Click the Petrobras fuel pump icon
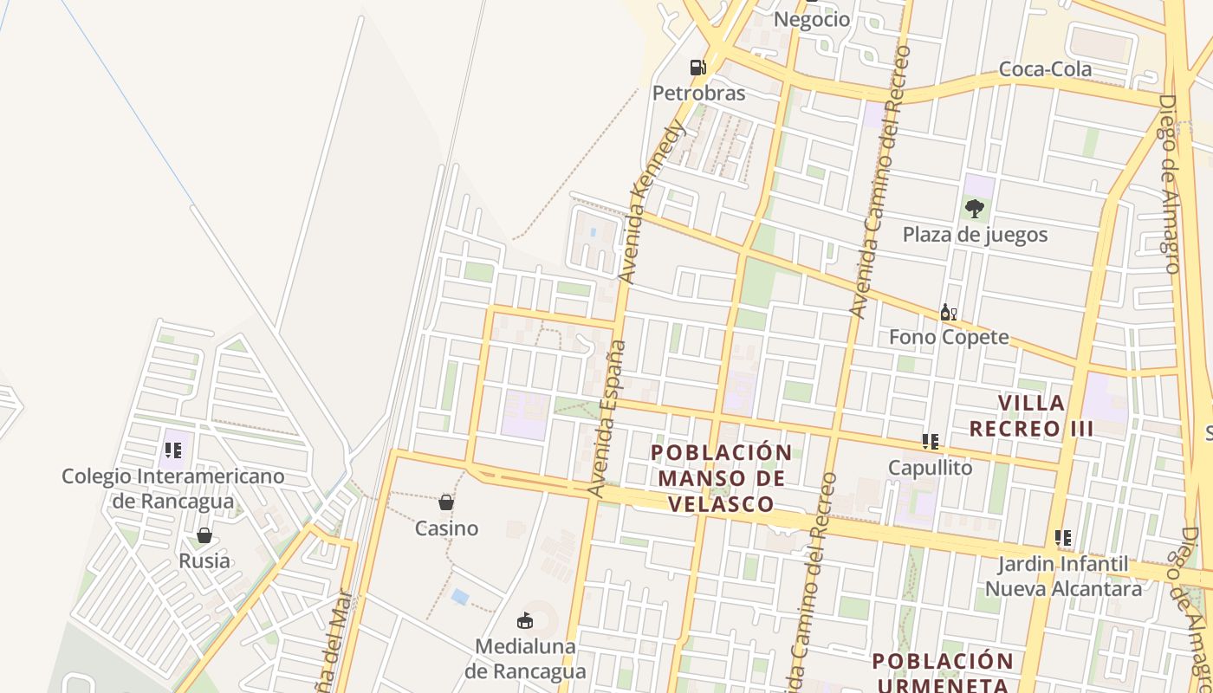(x=697, y=67)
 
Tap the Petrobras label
(x=698, y=93)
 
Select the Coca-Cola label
(x=1045, y=69)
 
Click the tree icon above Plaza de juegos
(x=975, y=208)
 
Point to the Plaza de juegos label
(x=975, y=235)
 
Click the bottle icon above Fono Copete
(x=949, y=312)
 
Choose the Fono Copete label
(x=949, y=337)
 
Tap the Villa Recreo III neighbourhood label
(x=1031, y=416)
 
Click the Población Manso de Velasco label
(x=721, y=478)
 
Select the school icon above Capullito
(x=931, y=442)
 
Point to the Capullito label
(x=931, y=468)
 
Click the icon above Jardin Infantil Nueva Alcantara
(x=1063, y=538)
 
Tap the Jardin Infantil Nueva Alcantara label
(x=1063, y=577)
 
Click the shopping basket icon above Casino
(x=446, y=502)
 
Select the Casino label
(x=446, y=528)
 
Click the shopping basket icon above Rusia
(x=204, y=535)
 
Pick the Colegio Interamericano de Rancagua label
(x=173, y=489)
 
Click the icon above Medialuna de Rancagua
(x=524, y=620)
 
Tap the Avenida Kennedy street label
(x=653, y=201)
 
